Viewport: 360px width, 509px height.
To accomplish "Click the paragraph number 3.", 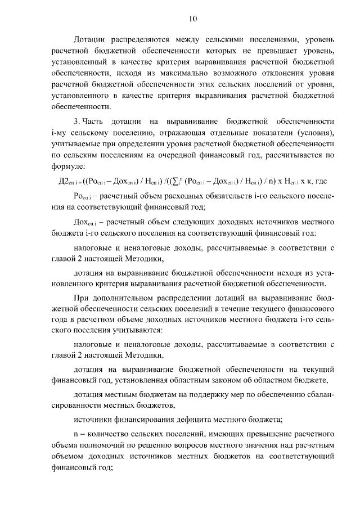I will point(76,121).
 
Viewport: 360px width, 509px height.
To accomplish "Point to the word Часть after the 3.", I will point(94,121).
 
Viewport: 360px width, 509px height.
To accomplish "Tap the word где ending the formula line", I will point(321,182).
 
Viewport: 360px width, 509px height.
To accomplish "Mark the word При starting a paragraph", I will point(82,299).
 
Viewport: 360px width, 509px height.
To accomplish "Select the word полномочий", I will point(103,447).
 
